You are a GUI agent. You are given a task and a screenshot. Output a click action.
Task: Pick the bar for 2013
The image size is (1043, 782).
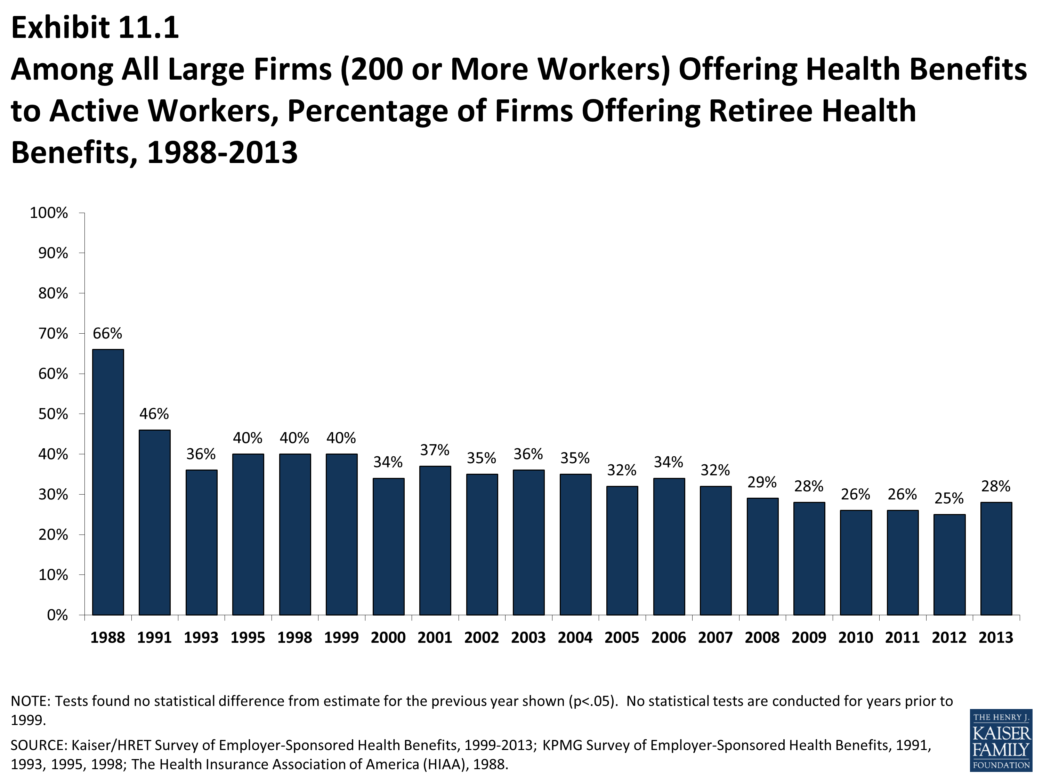[x=996, y=559]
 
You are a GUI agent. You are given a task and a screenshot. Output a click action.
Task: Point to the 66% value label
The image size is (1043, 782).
[x=107, y=334]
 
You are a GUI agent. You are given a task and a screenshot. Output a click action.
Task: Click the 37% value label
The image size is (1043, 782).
[x=435, y=450]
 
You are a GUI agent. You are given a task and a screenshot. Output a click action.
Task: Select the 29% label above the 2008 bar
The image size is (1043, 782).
[x=762, y=482]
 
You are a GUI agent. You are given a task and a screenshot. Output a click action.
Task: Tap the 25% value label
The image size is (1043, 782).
[x=949, y=498]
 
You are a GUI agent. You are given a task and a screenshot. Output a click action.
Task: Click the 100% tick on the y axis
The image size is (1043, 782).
[x=49, y=213]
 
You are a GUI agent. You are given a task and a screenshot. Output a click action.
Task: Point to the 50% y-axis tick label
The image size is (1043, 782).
[x=53, y=414]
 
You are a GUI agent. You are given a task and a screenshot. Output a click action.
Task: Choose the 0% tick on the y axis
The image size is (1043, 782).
[x=57, y=615]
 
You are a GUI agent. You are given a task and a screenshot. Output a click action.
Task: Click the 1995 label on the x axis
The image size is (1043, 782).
[x=248, y=638]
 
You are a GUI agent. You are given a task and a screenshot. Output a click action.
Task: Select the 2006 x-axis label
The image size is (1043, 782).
[x=669, y=638]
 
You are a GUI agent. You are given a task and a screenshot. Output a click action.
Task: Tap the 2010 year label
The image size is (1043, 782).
[x=855, y=638]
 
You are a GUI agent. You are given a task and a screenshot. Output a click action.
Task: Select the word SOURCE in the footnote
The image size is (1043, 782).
[x=39, y=745]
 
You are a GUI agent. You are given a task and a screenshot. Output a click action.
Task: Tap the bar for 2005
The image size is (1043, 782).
[x=622, y=551]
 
